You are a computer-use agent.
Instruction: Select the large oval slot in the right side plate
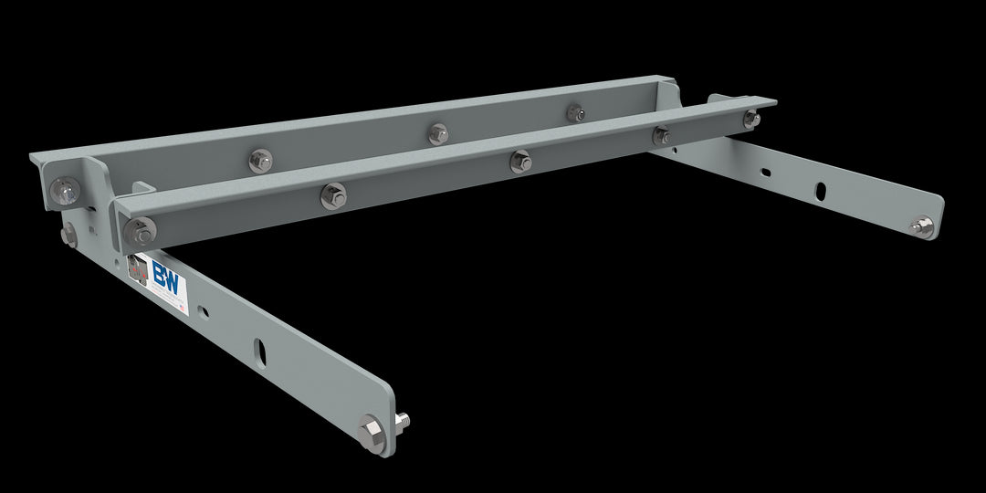[x=821, y=190]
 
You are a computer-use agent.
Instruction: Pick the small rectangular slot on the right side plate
[x=765, y=171]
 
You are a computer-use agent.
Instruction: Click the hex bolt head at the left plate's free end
[x=371, y=430]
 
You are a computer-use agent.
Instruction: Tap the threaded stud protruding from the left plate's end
[x=401, y=420]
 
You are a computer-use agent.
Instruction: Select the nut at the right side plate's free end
[x=923, y=226]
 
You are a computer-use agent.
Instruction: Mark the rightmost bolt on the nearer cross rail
[x=750, y=119]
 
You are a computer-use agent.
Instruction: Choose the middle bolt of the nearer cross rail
[x=520, y=162]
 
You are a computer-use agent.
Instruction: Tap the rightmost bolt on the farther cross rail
[x=575, y=112]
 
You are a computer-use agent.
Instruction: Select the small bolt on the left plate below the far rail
[x=69, y=236]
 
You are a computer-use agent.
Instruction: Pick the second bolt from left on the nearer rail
[x=333, y=195]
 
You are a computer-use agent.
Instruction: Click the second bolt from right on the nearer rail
[x=660, y=136]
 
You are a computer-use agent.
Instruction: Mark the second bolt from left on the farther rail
[x=260, y=161]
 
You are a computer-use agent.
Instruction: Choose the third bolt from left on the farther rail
[x=438, y=133]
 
